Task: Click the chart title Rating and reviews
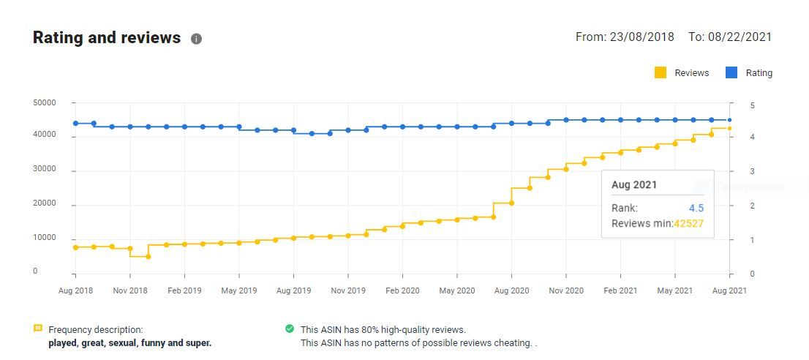(107, 38)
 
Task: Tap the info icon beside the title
(196, 39)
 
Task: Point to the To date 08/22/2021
(740, 37)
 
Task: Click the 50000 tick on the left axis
(45, 103)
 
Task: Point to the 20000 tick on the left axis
(45, 203)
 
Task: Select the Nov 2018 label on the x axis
(130, 290)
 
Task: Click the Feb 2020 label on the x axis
(402, 290)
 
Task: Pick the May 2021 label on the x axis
(674, 290)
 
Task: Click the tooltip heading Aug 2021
(634, 185)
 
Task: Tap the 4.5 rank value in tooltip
(696, 208)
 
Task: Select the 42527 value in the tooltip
(688, 223)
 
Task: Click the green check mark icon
(290, 329)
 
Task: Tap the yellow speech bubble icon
(38, 329)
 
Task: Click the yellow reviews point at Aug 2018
(75, 247)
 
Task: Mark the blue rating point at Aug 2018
(75, 123)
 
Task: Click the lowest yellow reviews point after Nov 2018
(148, 257)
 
